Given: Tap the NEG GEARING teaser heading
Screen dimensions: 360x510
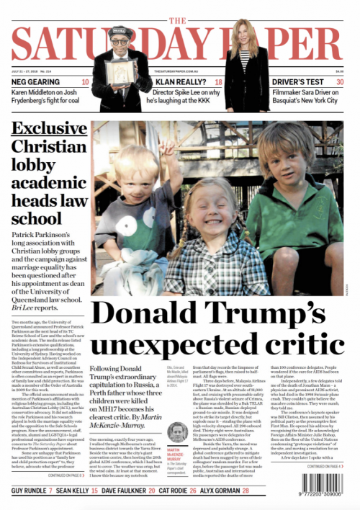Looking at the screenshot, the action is coord(35,82).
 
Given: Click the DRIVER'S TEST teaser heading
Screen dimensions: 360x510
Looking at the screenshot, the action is coord(294,82).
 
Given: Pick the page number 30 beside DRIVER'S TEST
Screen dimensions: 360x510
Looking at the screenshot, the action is coord(340,82).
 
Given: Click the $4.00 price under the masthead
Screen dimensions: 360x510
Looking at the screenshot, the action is coord(340,71).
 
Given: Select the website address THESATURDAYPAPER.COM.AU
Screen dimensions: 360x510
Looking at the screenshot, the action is coord(179,71).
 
